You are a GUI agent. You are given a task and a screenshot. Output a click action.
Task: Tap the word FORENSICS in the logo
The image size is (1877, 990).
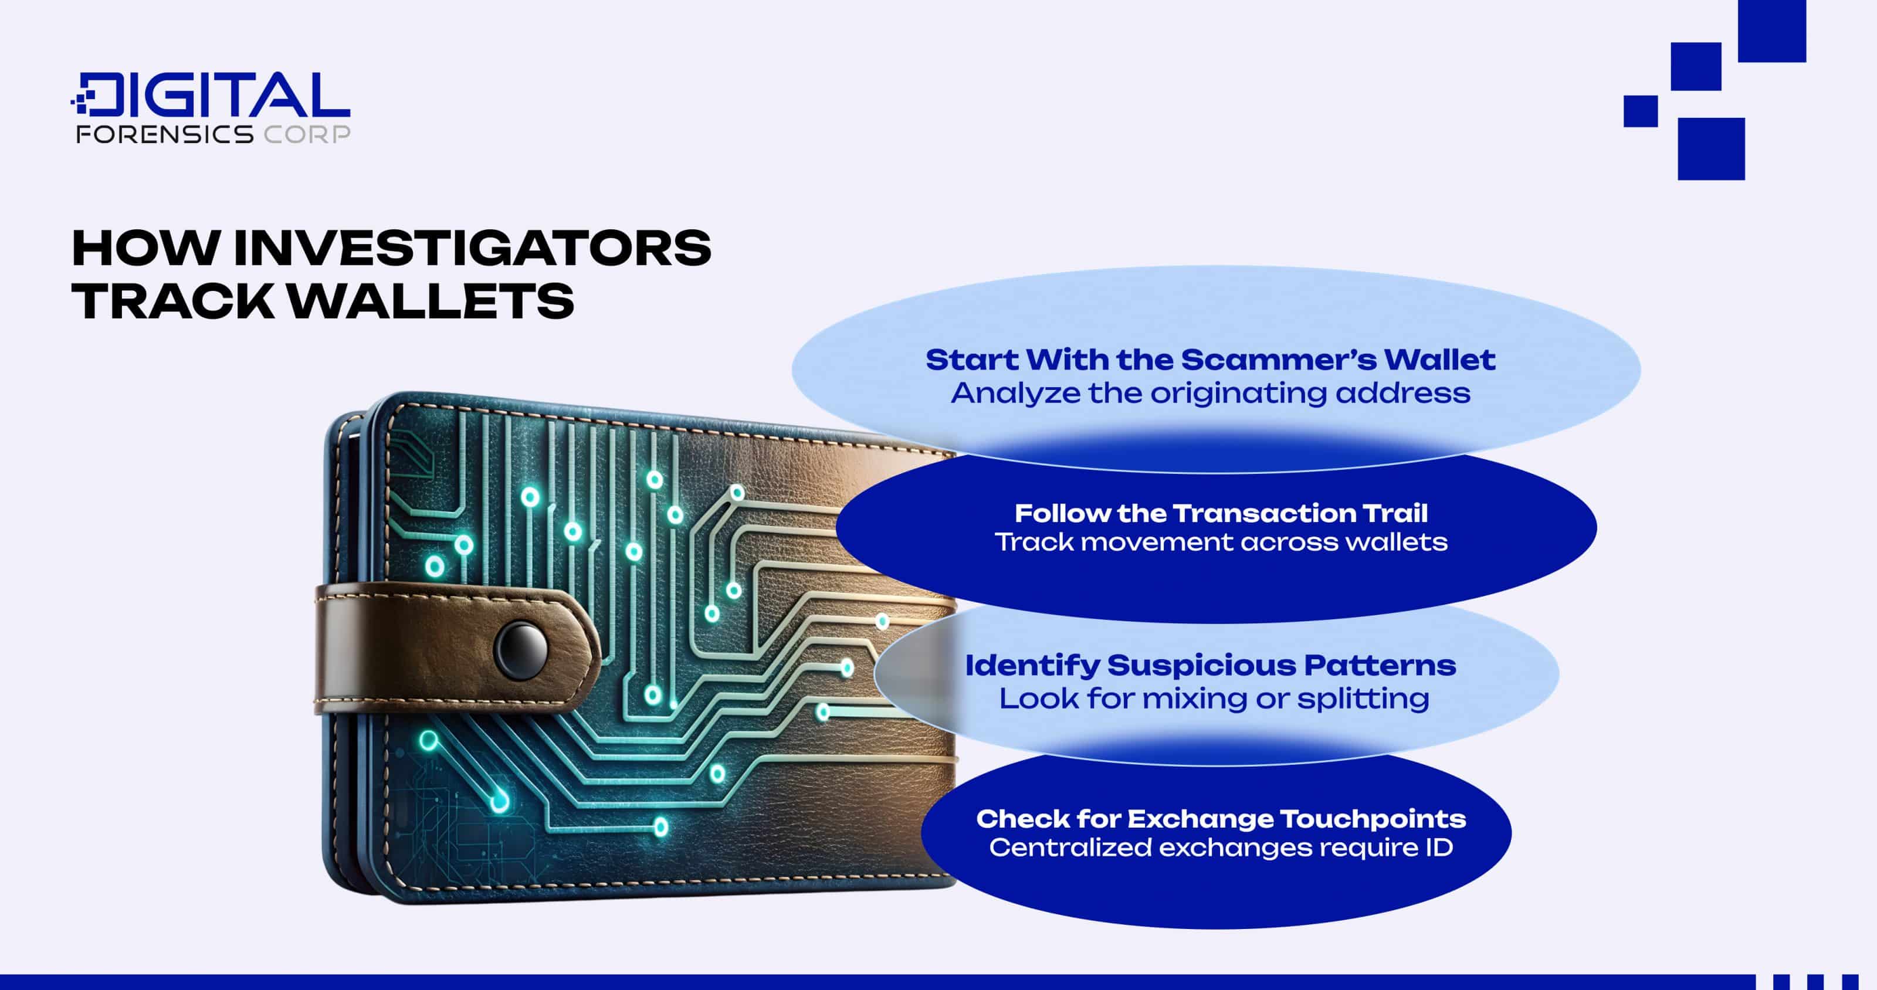click(165, 134)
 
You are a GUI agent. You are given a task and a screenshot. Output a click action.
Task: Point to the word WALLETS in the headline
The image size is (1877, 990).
click(430, 301)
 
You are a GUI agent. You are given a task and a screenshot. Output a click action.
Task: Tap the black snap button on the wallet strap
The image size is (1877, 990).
click(521, 647)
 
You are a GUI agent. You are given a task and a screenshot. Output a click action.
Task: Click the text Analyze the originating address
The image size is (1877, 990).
click(1210, 394)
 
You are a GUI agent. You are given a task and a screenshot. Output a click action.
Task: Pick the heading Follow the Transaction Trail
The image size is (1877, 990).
click(1221, 514)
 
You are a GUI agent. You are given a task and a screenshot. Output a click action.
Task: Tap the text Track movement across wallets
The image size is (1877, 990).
click(1221, 542)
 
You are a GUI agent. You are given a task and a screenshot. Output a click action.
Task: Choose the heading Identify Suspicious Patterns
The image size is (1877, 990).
click(1210, 665)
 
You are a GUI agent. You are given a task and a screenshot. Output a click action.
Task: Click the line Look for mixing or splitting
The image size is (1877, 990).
click(1214, 699)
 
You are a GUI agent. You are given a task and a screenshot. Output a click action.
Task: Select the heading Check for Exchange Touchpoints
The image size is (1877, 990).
click(1221, 819)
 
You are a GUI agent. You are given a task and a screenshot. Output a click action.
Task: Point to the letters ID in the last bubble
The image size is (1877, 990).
click(1440, 847)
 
